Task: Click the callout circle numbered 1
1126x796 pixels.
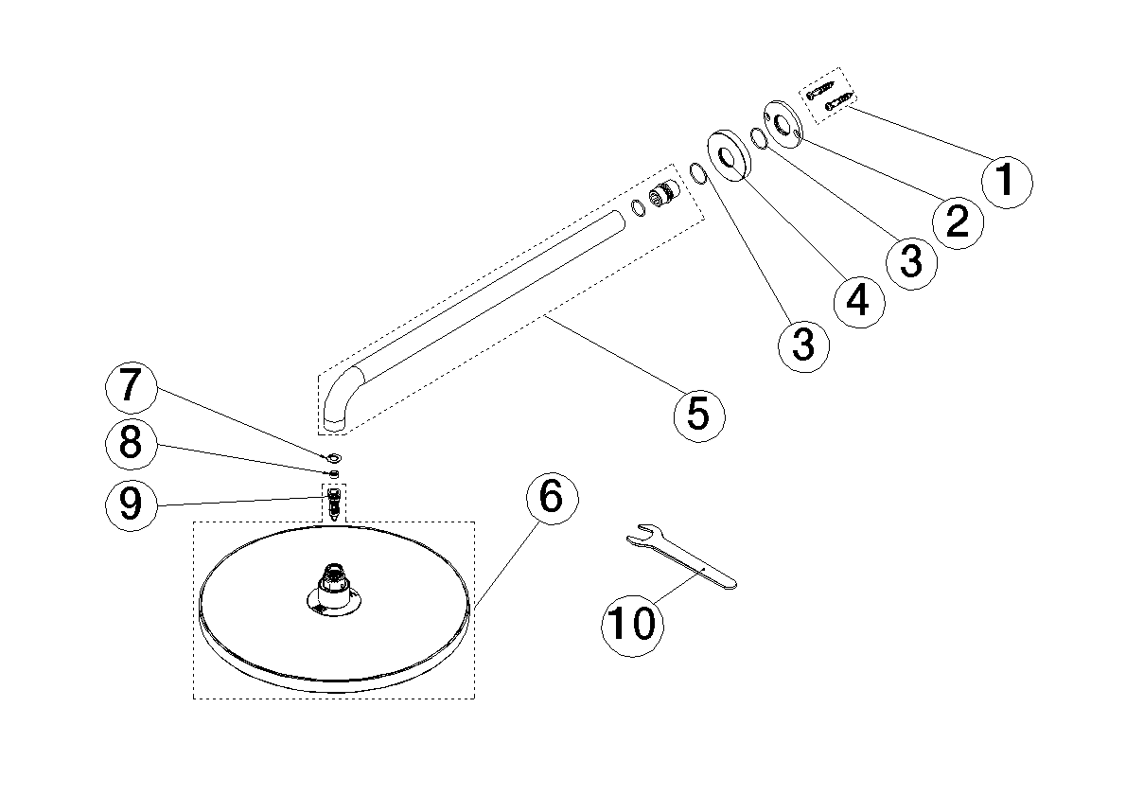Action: coord(1006,180)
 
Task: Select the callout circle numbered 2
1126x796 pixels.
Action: coord(958,221)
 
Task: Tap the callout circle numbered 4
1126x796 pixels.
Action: coord(856,300)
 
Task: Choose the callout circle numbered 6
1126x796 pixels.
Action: coord(551,498)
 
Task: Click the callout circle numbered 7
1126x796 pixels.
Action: coord(130,386)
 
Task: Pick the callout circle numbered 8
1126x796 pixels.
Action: coord(130,443)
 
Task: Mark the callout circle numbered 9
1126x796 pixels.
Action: coord(130,504)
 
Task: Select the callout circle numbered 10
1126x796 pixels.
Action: coord(631,623)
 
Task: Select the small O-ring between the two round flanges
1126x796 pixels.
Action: coord(759,139)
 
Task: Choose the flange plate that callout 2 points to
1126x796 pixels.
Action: coord(784,122)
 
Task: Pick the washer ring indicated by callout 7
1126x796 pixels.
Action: coord(334,457)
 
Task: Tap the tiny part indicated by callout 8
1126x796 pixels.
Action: coord(334,471)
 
